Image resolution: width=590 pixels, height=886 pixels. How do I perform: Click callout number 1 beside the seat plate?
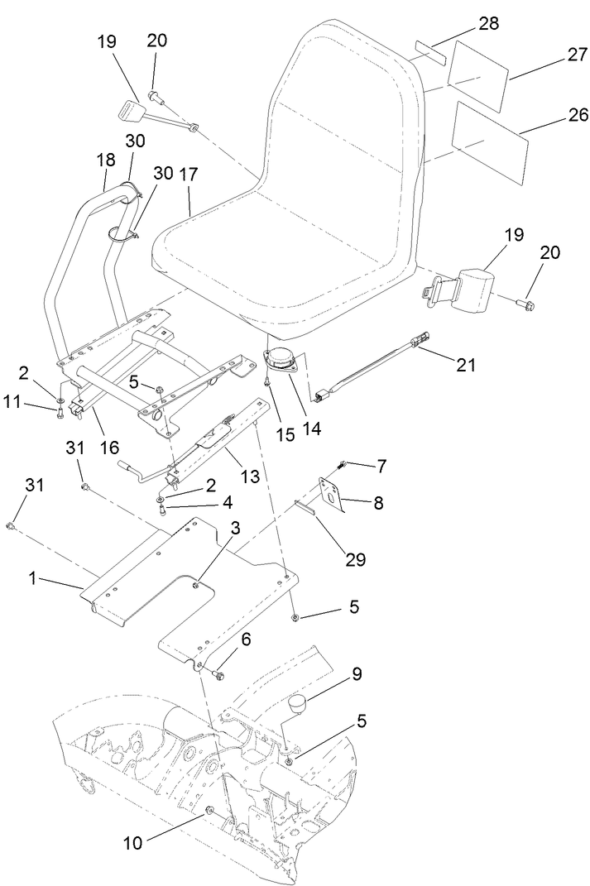coord(33,578)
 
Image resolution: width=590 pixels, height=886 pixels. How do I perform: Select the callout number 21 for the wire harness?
coord(466,363)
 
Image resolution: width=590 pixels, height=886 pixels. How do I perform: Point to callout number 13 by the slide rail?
coord(249,477)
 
